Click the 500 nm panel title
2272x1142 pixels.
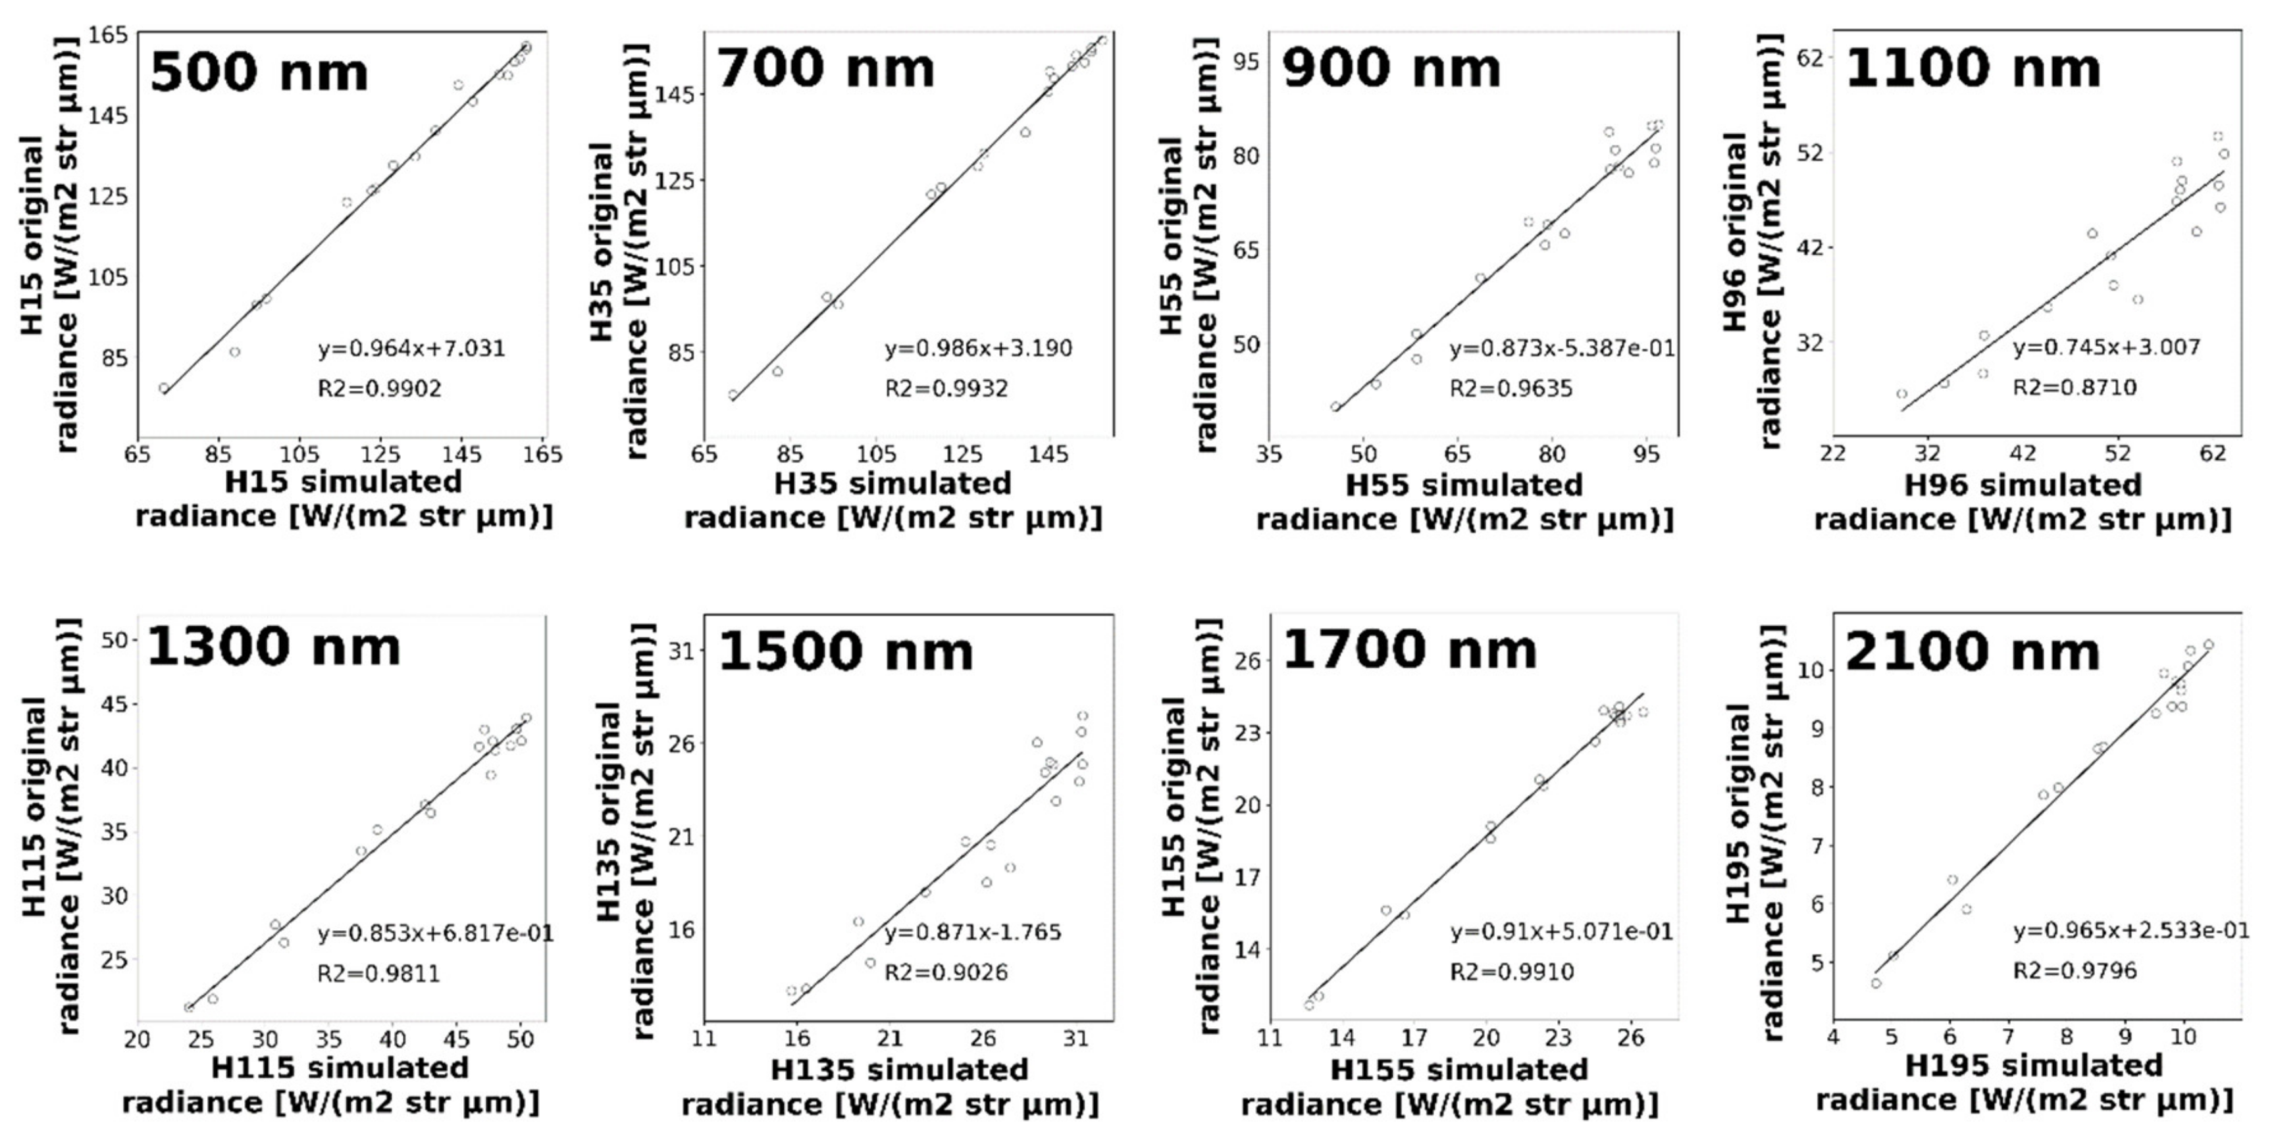[259, 72]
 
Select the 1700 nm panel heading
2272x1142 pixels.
[1408, 650]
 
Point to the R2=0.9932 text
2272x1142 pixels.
[946, 389]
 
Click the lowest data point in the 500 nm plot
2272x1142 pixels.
[164, 388]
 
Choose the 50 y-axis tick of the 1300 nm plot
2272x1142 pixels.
[115, 640]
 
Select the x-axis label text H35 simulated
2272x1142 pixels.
[892, 484]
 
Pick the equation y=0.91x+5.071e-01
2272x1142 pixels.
[1561, 932]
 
